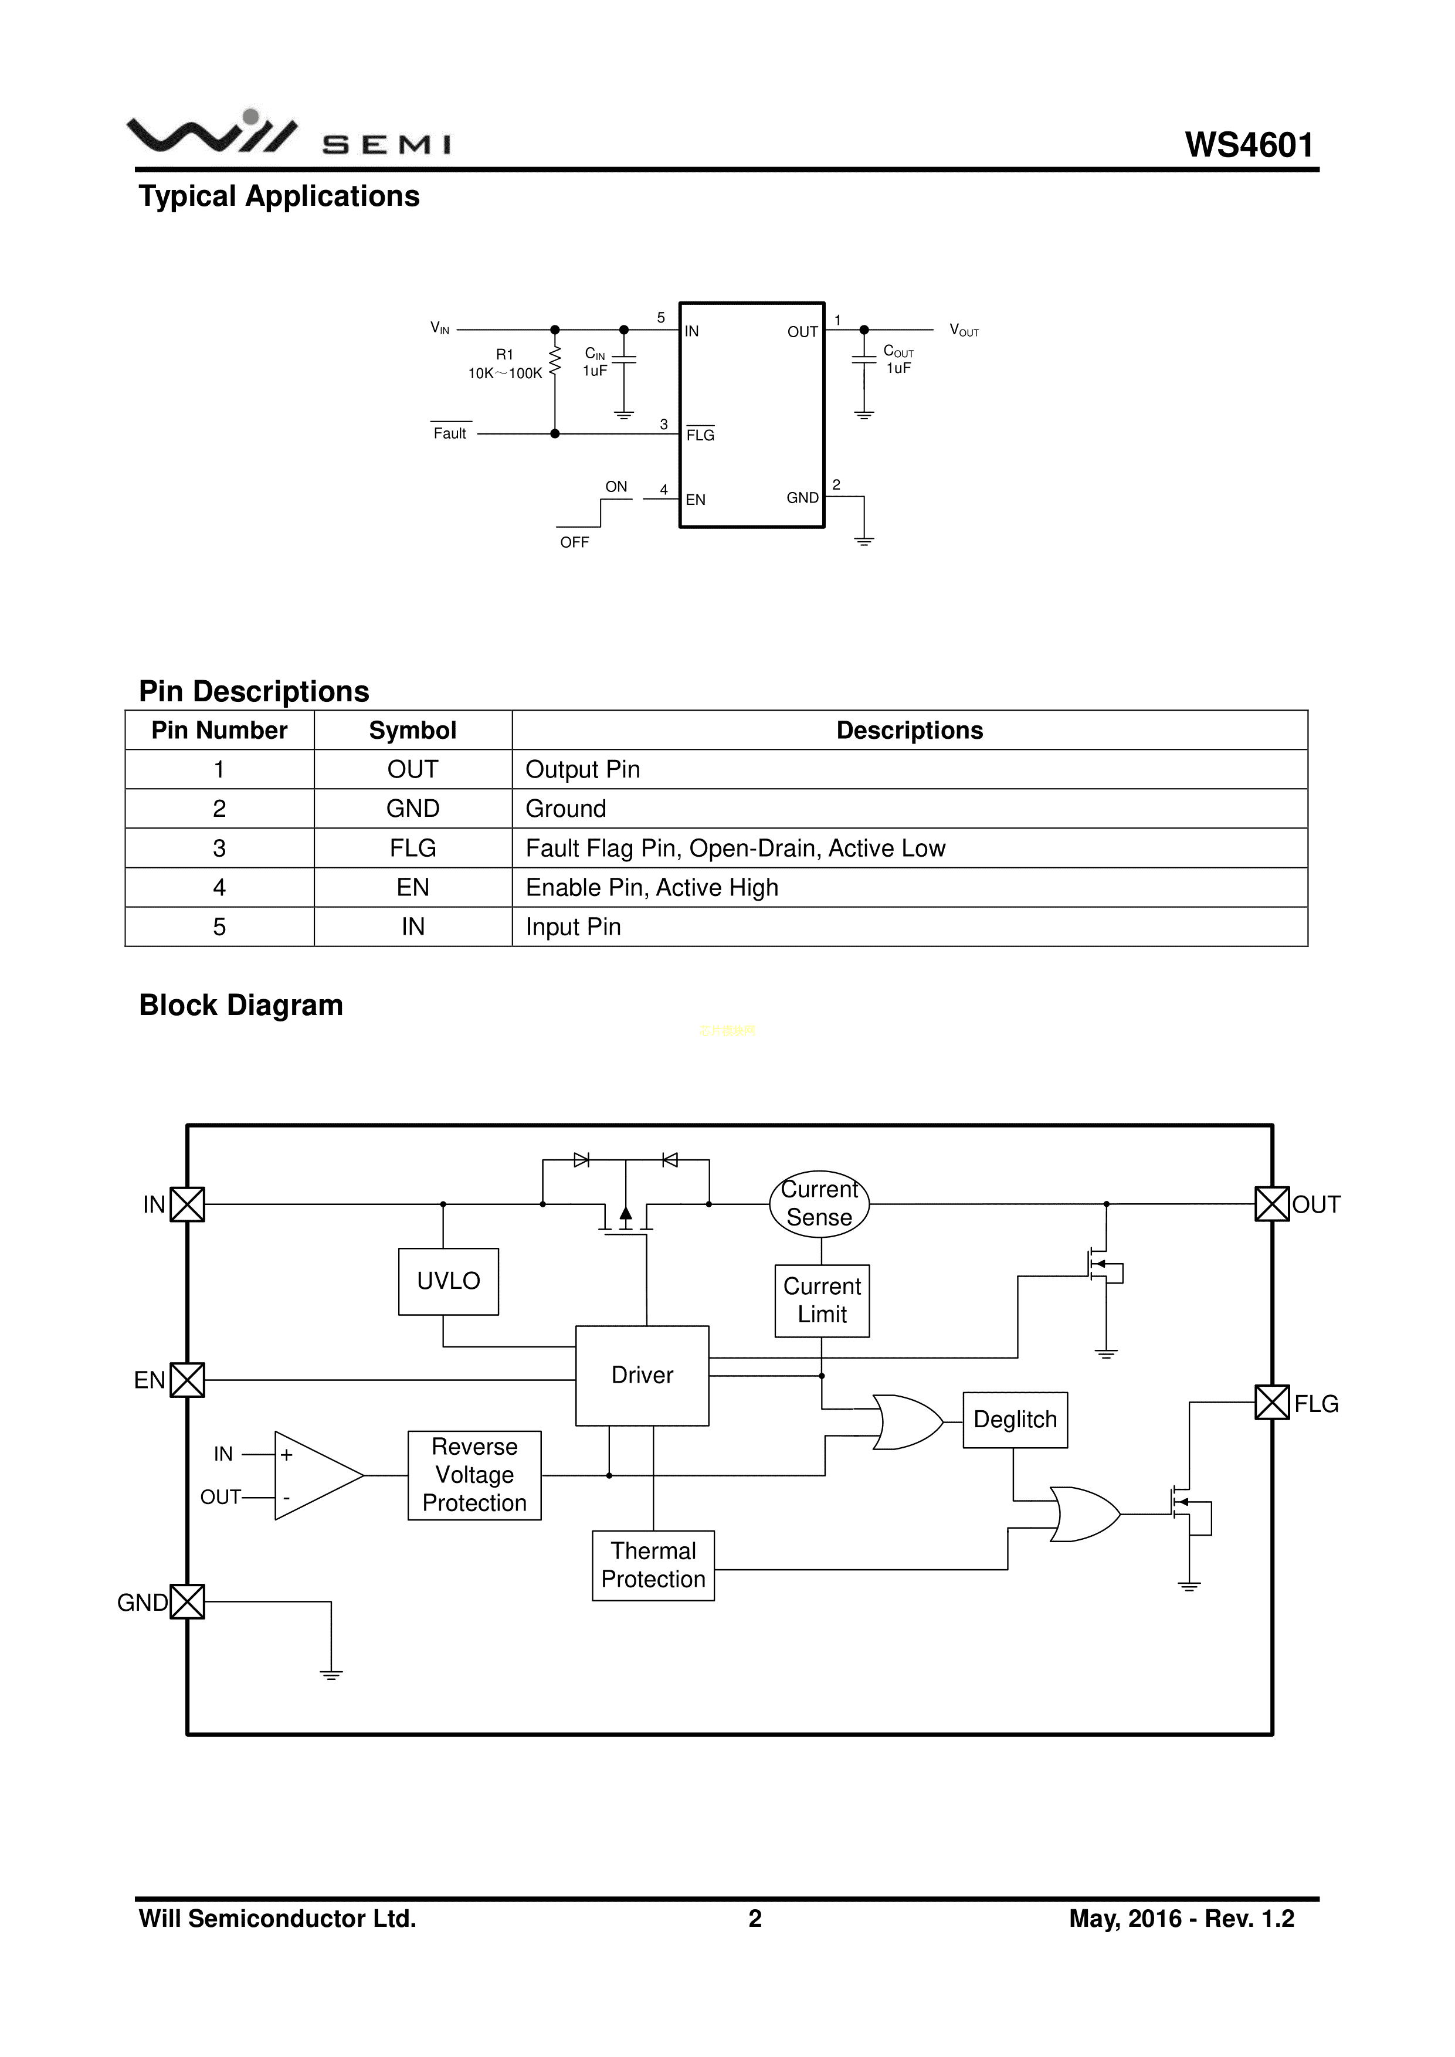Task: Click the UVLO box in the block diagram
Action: [448, 1281]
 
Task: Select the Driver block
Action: [642, 1375]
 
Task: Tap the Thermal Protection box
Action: [653, 1565]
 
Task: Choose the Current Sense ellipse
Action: [819, 1204]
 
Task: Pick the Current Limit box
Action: [822, 1300]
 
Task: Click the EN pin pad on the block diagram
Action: [187, 1380]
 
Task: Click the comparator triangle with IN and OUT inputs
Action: [314, 1475]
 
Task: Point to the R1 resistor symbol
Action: [555, 361]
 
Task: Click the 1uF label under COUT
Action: [898, 368]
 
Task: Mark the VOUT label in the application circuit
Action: [964, 331]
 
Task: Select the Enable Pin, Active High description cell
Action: [652, 887]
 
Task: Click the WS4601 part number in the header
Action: [1249, 145]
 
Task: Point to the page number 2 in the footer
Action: [754, 1918]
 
